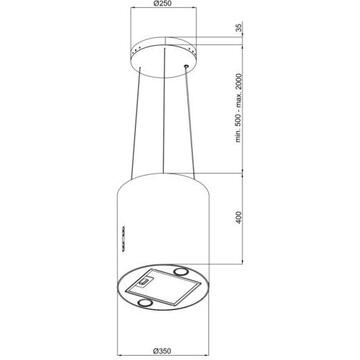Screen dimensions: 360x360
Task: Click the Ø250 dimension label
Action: tap(163, 4)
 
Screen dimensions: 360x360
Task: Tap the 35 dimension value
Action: tap(239, 28)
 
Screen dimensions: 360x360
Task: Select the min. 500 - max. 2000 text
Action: tap(238, 108)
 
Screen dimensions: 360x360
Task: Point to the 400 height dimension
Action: tap(239, 217)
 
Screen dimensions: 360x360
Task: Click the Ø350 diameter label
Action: tap(162, 351)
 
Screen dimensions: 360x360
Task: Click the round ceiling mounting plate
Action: tap(163, 57)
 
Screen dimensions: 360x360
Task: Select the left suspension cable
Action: tap(136, 123)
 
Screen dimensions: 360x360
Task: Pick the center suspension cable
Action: tap(164, 111)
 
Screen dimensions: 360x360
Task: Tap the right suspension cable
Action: tap(190, 123)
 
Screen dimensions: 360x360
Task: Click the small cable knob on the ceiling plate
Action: tap(186, 67)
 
